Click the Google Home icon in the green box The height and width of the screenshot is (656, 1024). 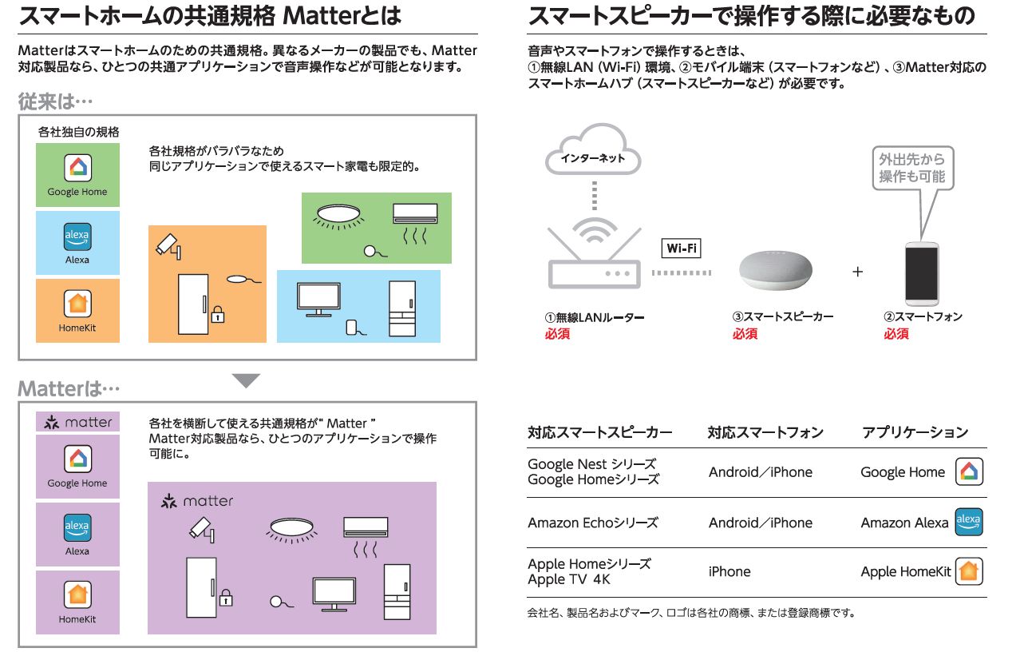[77, 168]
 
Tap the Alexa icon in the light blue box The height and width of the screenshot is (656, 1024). [77, 237]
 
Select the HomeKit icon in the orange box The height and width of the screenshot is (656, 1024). [77, 304]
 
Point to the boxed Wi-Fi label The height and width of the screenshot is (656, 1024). [681, 248]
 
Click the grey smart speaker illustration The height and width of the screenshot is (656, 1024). [776, 270]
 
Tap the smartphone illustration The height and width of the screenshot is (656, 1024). [922, 274]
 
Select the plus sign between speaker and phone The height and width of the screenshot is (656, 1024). [858, 272]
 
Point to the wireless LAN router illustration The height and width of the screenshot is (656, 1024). [595, 256]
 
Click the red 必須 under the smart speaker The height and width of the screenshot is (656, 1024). [745, 334]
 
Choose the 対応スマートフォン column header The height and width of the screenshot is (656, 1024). [765, 432]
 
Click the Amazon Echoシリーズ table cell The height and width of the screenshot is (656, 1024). [593, 523]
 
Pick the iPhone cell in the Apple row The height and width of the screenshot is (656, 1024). [729, 572]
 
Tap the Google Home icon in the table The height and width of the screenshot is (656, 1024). [969, 472]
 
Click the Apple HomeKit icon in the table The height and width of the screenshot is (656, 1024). [969, 571]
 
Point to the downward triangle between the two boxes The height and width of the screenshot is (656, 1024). [246, 381]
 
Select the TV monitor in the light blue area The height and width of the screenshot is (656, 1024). [318, 300]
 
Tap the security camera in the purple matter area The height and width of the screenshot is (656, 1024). [202, 530]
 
